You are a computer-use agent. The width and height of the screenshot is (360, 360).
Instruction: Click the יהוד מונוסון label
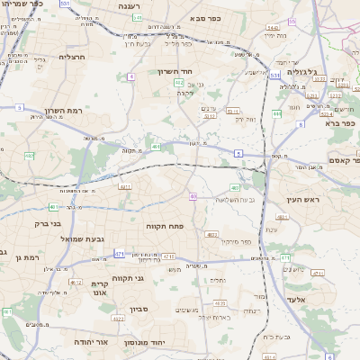pyautogui.click(x=168, y=342)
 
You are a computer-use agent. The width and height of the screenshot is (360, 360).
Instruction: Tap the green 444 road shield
pyautogui.click(x=277, y=113)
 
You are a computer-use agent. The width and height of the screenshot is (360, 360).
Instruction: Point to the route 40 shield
pyautogui.click(x=193, y=195)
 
